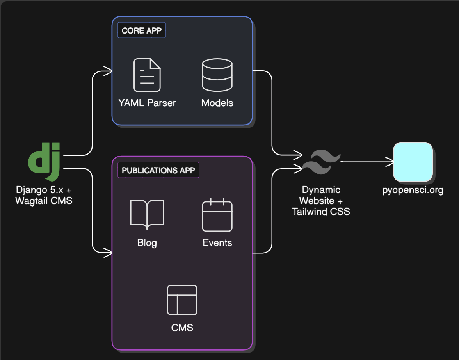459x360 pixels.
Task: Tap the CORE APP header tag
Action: pyautogui.click(x=142, y=30)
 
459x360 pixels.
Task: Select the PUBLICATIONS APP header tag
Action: pyautogui.click(x=158, y=171)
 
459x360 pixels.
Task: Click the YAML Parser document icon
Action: pyautogui.click(x=147, y=75)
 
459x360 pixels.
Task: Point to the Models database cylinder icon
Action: pyautogui.click(x=217, y=75)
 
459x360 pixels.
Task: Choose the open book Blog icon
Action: pyautogui.click(x=147, y=214)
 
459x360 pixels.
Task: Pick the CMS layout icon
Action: pyautogui.click(x=182, y=300)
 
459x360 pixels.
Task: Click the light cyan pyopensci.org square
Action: pyautogui.click(x=413, y=162)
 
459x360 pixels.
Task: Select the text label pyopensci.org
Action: pyautogui.click(x=413, y=191)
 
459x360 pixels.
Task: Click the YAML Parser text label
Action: pyautogui.click(x=147, y=103)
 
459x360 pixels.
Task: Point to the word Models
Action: pyautogui.click(x=217, y=103)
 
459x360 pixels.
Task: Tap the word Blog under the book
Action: pyautogui.click(x=147, y=243)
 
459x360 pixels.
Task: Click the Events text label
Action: pyautogui.click(x=217, y=243)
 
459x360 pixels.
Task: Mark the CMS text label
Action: pyautogui.click(x=182, y=327)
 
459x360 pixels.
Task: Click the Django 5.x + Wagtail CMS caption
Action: pyautogui.click(x=44, y=196)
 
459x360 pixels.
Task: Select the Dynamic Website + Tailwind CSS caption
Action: pyautogui.click(x=321, y=201)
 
